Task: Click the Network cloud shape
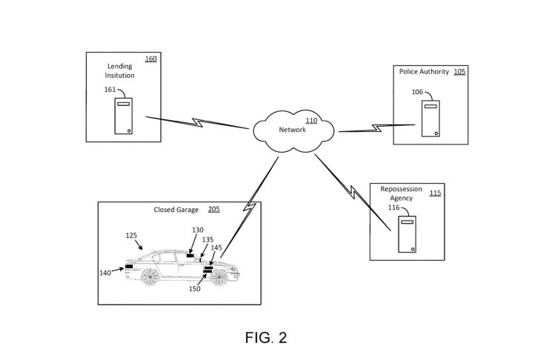(293, 131)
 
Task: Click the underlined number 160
(150, 58)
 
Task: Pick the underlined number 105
(460, 73)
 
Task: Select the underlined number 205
(213, 210)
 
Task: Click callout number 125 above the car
(131, 236)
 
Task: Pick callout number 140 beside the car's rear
(107, 273)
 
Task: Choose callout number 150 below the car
(195, 289)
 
